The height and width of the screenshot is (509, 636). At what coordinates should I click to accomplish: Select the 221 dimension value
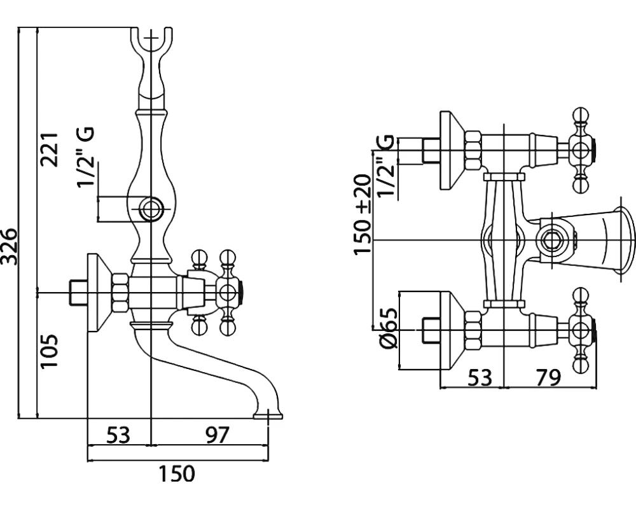click(51, 150)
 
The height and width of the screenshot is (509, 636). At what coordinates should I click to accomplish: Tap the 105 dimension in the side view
click(51, 351)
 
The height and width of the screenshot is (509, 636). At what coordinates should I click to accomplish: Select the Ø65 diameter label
click(388, 328)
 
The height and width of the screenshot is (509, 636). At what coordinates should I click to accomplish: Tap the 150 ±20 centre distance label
click(363, 214)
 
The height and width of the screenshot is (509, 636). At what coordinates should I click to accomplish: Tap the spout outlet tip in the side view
click(267, 415)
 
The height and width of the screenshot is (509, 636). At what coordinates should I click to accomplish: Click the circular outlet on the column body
click(151, 208)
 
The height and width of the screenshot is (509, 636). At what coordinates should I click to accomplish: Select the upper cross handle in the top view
click(579, 150)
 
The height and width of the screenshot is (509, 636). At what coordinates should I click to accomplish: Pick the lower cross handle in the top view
click(579, 330)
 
